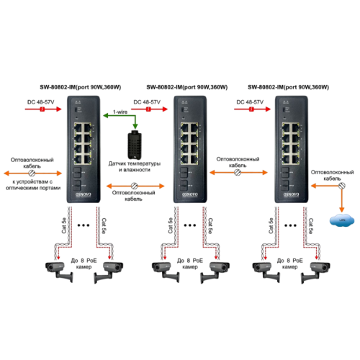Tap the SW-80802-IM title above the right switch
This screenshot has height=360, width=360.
[x=288, y=87]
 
